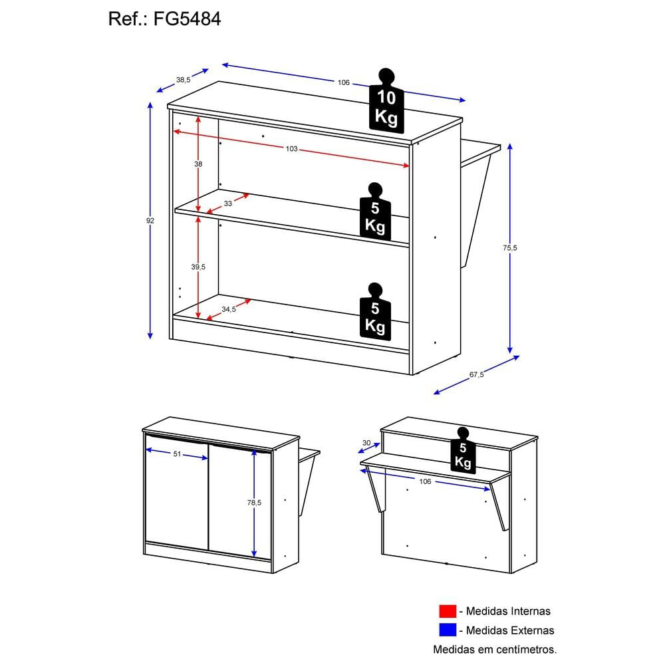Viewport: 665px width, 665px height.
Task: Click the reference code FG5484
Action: click(187, 19)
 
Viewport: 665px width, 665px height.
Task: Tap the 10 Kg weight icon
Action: click(386, 101)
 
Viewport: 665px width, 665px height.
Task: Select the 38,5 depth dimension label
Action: click(184, 80)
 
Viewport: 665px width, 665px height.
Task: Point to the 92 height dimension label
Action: click(150, 221)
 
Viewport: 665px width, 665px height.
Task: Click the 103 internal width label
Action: click(291, 149)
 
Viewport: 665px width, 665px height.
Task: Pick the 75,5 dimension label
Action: click(510, 247)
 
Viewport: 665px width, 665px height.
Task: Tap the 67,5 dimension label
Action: click(476, 374)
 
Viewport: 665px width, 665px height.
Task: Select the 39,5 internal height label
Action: click(198, 267)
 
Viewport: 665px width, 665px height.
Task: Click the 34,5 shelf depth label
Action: click(229, 309)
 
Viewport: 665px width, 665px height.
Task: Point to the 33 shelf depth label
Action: click(227, 203)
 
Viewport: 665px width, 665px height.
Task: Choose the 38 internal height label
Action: click(198, 164)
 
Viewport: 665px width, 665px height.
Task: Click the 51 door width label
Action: click(177, 454)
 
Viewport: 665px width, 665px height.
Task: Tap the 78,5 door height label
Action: click(254, 503)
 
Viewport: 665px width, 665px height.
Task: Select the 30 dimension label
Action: click(366, 443)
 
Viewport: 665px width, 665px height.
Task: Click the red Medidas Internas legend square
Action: click(448, 611)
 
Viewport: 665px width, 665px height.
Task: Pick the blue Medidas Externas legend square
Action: click(448, 630)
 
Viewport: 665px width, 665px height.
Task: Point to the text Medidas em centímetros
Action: click(495, 649)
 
